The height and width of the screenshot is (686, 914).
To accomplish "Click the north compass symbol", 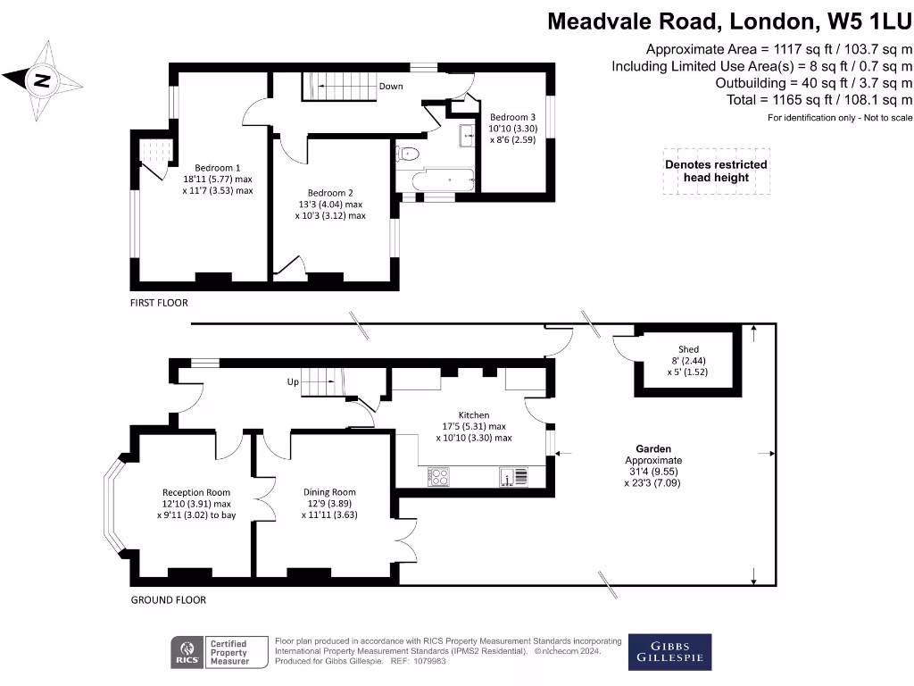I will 39,81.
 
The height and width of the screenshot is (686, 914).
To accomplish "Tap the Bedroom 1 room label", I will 218,168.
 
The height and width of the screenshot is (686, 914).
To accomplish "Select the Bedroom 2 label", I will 330,193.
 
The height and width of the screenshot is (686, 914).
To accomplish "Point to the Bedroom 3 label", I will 512,117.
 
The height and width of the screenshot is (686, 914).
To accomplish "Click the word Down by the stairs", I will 391,87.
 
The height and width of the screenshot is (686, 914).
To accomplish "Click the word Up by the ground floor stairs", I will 293,381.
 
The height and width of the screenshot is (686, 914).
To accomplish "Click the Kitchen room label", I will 474,415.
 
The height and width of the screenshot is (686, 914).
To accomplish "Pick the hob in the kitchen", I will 437,477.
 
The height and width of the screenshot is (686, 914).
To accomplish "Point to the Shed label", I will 688,349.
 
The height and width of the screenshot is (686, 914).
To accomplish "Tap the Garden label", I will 653,449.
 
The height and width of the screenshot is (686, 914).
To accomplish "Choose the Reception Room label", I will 196,492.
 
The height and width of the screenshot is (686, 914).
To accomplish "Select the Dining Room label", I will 329,492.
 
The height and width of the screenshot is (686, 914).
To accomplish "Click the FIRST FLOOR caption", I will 160,303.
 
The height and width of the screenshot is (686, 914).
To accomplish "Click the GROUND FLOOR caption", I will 169,600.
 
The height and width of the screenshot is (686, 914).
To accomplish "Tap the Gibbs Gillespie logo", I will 670,652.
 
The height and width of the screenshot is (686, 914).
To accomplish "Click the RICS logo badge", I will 188,652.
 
